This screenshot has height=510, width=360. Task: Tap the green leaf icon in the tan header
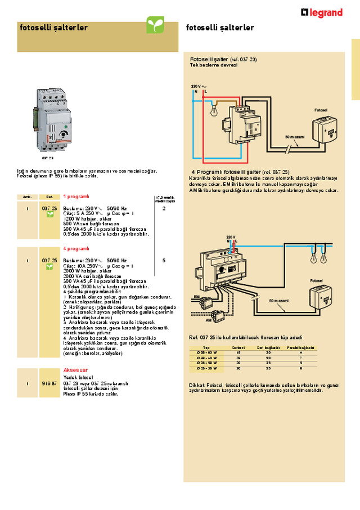155,25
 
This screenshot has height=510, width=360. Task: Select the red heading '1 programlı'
76,196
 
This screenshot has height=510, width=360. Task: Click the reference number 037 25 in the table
49,261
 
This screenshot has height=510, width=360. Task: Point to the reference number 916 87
49,383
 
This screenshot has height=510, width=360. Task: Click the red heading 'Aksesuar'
75,370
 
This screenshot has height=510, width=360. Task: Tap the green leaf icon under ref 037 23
49,215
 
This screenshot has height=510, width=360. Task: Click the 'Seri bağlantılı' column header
268,348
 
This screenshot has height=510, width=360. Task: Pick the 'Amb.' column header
27,197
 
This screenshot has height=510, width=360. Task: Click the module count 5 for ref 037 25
164,261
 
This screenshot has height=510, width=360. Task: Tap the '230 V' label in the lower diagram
231,237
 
